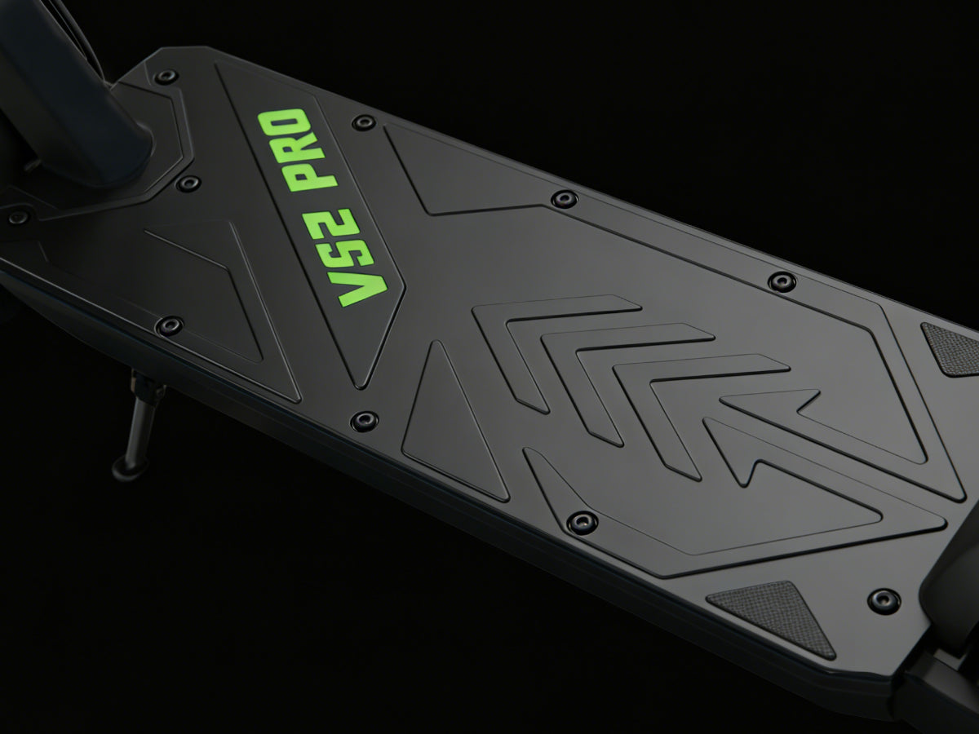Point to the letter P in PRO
coord(313,174)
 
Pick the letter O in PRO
coord(285,119)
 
